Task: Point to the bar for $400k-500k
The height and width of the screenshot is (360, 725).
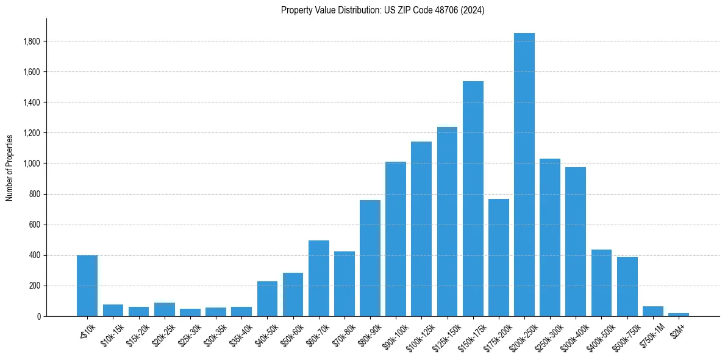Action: pos(601,283)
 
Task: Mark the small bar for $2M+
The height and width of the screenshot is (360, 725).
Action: pos(678,314)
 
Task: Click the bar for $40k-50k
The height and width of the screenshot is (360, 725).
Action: pos(267,299)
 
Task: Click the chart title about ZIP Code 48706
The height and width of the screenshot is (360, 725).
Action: pos(382,10)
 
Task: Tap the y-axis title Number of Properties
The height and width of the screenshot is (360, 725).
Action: pos(10,167)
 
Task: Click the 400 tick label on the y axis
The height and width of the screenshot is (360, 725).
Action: pos(35,255)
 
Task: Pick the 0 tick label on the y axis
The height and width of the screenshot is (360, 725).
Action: pos(38,316)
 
